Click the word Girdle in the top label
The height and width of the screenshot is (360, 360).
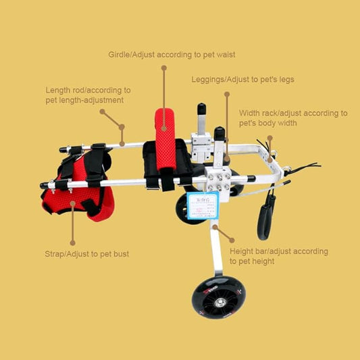click(120, 54)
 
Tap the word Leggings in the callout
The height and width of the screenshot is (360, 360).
click(207, 80)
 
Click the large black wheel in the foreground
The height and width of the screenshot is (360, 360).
click(218, 297)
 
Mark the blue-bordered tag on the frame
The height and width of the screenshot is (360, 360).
click(203, 206)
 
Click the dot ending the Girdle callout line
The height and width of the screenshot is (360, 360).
click(163, 69)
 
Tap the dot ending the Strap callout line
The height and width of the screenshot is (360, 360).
click(73, 242)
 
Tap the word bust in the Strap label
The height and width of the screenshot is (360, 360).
click(118, 254)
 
